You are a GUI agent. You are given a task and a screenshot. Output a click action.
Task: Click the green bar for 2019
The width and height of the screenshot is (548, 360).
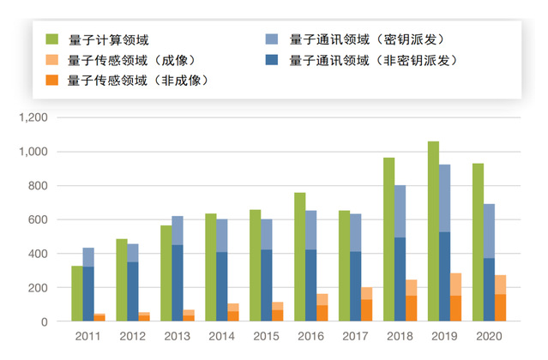pos(433,231)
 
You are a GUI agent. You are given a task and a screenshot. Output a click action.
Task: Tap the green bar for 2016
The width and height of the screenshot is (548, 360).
pos(300,257)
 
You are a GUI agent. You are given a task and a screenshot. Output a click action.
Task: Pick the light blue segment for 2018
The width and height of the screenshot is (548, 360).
pos(400,211)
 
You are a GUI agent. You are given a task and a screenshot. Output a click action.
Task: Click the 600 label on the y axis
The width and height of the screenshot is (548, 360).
pos(41,219)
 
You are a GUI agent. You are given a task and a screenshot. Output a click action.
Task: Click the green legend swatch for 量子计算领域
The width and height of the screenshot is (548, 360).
pos(52,39)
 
